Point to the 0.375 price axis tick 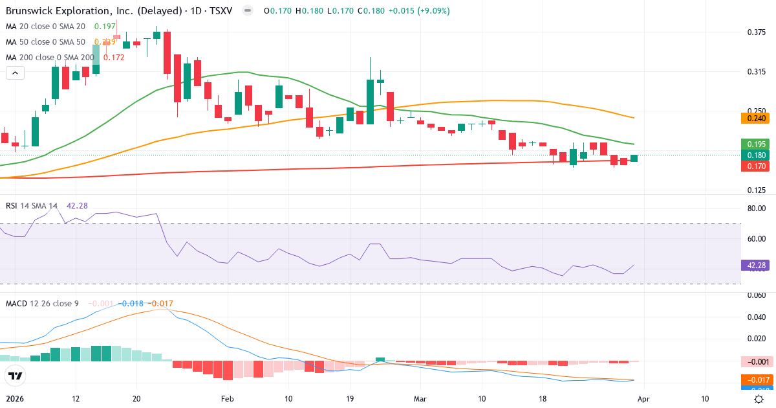756,32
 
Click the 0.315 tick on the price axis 756,72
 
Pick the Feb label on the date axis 227,399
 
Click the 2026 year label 14,399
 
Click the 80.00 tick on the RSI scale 756,209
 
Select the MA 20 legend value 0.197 105,27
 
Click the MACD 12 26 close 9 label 43,304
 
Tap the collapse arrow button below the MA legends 15,73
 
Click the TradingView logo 16,376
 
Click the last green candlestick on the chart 634,158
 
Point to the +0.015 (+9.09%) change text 418,11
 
